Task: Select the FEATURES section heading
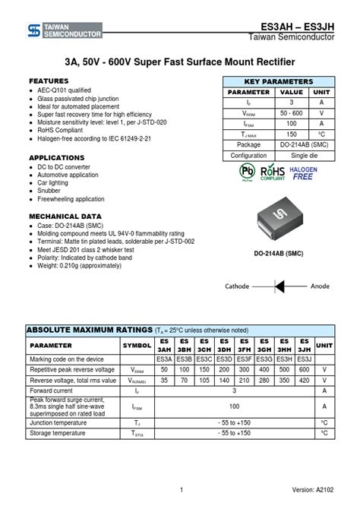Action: pos(49,81)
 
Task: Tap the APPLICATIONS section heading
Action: pos(56,157)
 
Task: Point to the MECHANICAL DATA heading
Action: pos(65,216)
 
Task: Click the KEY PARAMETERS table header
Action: pos(278,81)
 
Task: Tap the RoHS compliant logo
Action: pos(272,174)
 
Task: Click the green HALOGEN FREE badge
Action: pos(303,173)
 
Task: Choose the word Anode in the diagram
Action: pos(319,286)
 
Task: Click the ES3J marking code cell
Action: pos(304,359)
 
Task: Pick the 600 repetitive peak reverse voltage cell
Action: pos(304,369)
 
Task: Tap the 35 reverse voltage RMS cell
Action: pos(164,380)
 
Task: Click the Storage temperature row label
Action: pos(58,433)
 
